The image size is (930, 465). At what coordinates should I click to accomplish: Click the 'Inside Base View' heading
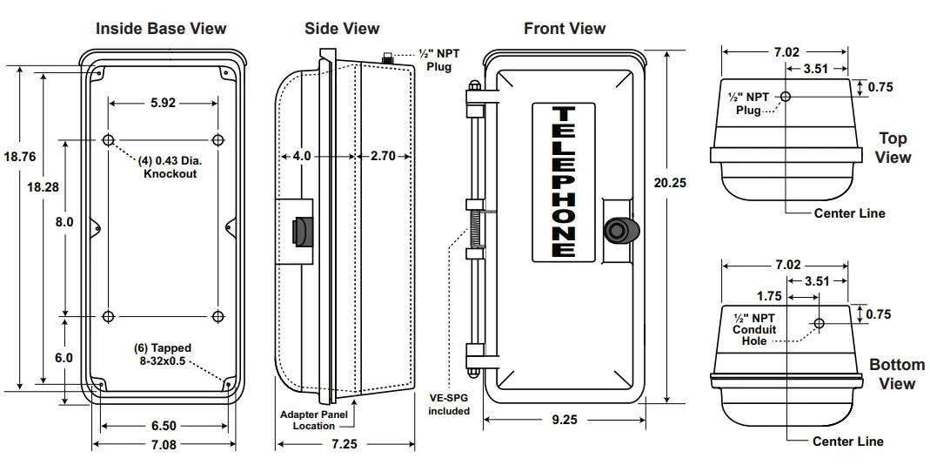[x=161, y=29]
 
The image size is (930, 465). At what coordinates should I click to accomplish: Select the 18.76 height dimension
[x=19, y=157]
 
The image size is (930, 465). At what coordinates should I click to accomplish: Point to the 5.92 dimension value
[x=163, y=102]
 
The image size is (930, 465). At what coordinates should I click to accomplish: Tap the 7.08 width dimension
[x=163, y=445]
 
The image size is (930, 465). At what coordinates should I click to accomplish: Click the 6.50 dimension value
[x=163, y=426]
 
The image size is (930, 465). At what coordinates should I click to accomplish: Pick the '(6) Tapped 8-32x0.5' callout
[x=163, y=354]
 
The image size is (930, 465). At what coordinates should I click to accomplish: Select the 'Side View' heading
[x=342, y=29]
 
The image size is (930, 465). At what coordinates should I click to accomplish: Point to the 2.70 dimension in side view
[x=383, y=156]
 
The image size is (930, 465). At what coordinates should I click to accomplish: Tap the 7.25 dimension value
[x=345, y=445]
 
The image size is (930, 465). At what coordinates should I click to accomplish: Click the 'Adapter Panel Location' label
[x=313, y=420]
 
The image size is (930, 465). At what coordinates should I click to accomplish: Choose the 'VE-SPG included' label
[x=449, y=404]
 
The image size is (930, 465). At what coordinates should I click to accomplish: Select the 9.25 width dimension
[x=565, y=419]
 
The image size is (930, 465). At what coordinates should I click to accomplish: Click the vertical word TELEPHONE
[x=564, y=182]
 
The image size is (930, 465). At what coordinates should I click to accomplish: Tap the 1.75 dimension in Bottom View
[x=770, y=295]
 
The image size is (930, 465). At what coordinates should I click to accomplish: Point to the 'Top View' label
[x=893, y=148]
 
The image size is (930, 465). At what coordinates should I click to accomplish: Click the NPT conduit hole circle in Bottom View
[x=819, y=324]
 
